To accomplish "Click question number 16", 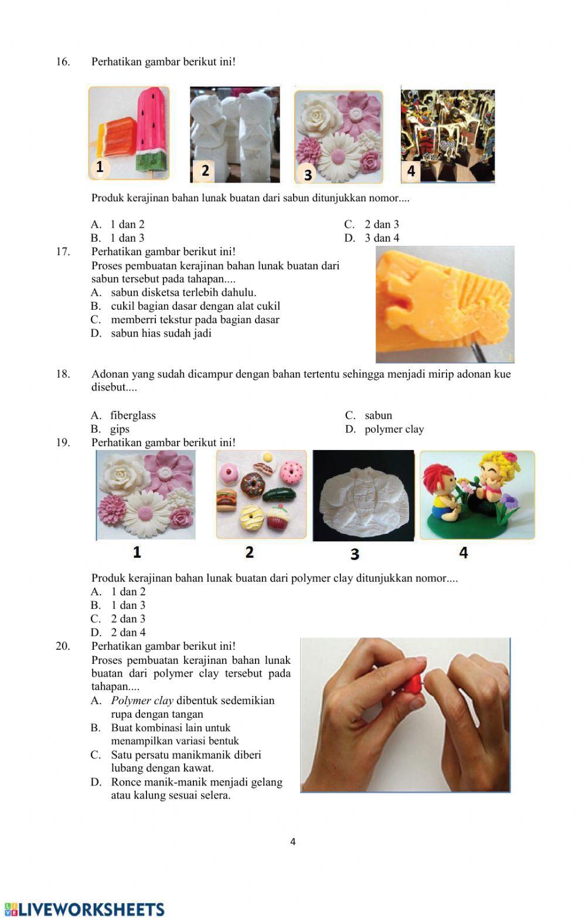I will (63, 62).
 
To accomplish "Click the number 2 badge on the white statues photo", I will (205, 170).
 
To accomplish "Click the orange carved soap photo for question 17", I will (444, 304).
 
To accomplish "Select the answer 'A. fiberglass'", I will (124, 416).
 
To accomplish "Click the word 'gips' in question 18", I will (120, 429).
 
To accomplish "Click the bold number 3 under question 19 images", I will (355, 553).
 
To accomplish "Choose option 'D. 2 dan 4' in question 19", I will (118, 632).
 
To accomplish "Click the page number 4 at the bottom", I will (293, 842).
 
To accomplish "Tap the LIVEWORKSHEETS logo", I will (85, 908).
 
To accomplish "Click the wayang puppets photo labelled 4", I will (448, 135).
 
